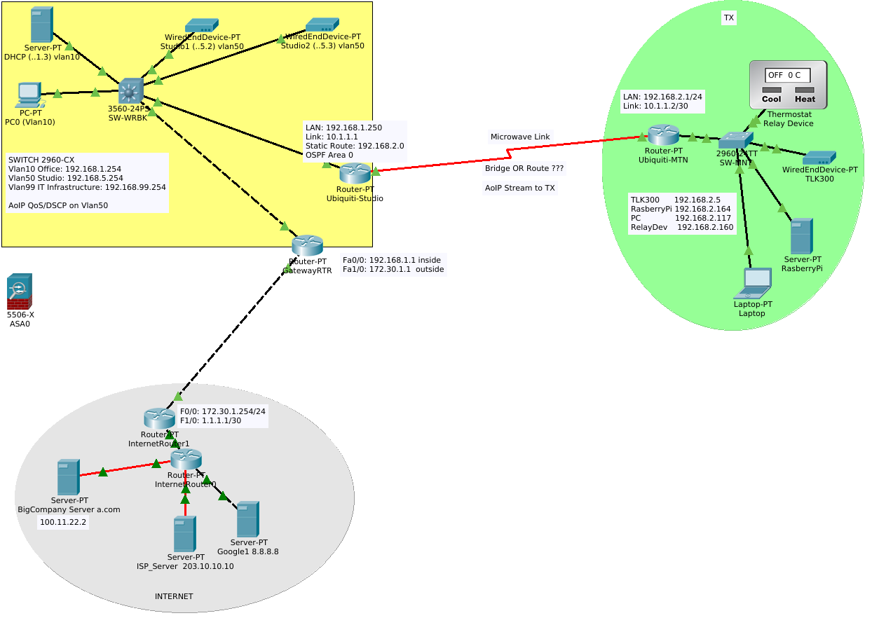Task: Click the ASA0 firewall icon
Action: click(x=20, y=291)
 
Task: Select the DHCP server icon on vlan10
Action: click(x=42, y=25)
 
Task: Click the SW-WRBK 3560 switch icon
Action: click(x=131, y=91)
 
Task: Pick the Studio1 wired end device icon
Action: click(x=202, y=26)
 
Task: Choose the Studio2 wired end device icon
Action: click(x=322, y=25)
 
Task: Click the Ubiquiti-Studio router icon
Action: click(x=355, y=172)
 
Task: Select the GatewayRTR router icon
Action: click(x=307, y=245)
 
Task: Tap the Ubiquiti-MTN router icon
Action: click(x=663, y=135)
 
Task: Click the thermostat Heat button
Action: click(x=805, y=99)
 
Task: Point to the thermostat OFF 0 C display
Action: click(x=788, y=75)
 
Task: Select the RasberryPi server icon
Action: click(x=801, y=236)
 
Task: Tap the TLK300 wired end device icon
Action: click(x=819, y=158)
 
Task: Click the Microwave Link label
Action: click(x=520, y=137)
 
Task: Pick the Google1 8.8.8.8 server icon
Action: click(x=247, y=519)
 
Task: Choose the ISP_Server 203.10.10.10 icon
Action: click(x=185, y=534)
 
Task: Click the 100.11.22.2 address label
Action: click(x=63, y=523)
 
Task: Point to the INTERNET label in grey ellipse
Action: click(x=174, y=596)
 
